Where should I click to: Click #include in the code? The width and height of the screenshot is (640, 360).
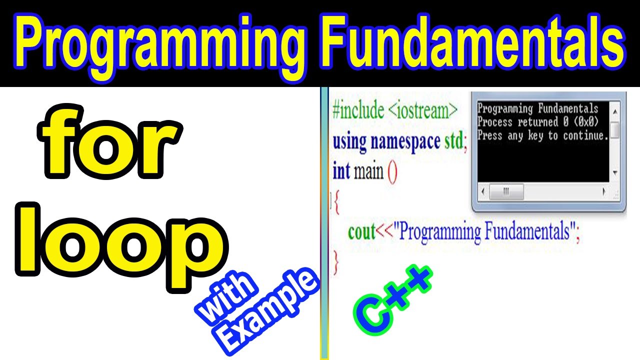coord(358,110)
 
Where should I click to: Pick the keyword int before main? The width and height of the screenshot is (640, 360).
coord(341,171)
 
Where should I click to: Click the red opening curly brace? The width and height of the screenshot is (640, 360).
coord(336,203)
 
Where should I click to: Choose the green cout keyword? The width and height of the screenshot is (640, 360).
coord(361,232)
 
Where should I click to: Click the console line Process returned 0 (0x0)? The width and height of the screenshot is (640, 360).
coord(537,122)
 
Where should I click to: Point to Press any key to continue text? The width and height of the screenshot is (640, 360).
coord(542,135)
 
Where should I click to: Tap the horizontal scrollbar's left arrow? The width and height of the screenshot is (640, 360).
coord(482,191)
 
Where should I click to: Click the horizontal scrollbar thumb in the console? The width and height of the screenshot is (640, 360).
coord(506,191)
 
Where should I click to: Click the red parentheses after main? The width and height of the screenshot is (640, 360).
coord(392,172)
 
